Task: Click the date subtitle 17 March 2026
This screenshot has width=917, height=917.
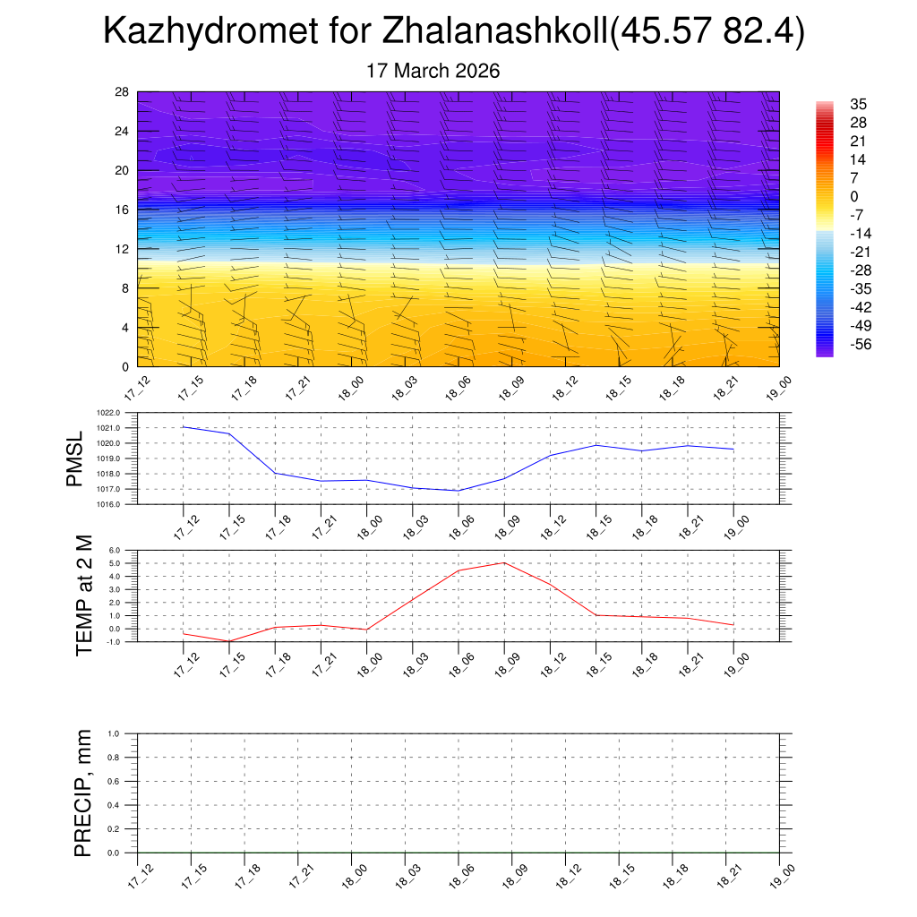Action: click(433, 72)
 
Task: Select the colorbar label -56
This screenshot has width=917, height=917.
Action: click(859, 344)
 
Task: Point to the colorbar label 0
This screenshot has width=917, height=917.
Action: click(854, 196)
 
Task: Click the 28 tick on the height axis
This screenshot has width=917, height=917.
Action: click(123, 92)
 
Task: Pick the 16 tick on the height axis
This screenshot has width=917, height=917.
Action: click(123, 210)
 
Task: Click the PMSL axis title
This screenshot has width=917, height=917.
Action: click(75, 458)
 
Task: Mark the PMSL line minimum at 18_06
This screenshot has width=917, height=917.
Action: click(458, 491)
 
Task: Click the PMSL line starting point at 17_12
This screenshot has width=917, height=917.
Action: click(184, 427)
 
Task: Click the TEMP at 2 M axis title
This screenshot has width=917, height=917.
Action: click(84, 596)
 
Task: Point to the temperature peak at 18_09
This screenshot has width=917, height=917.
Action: click(504, 562)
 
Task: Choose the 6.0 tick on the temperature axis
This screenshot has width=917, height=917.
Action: click(116, 551)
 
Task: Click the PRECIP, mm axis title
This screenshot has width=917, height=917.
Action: click(84, 793)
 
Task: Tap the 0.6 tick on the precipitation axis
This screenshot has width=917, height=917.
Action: click(114, 781)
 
